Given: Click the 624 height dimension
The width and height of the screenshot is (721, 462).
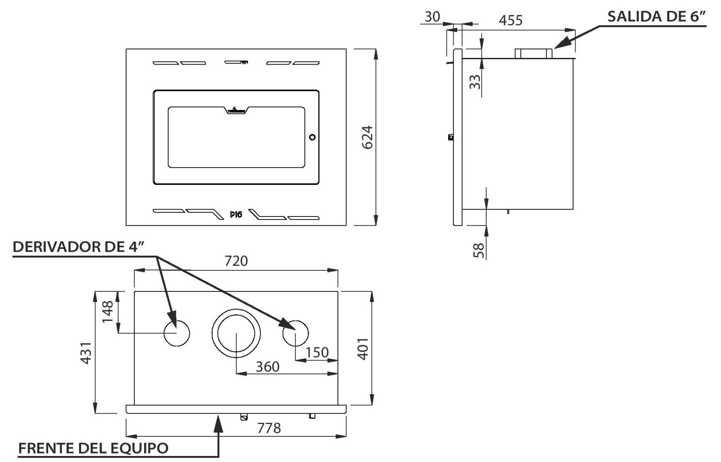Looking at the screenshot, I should click(x=367, y=137).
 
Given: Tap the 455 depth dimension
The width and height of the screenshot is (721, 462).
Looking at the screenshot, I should click(x=511, y=20).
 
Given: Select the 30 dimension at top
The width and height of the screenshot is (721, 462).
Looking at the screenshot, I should click(x=432, y=17).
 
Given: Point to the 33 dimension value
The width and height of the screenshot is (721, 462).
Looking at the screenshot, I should click(x=475, y=80).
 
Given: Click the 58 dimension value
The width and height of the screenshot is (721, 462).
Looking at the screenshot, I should click(x=479, y=250).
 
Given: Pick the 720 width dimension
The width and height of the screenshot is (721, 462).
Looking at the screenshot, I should click(x=236, y=261).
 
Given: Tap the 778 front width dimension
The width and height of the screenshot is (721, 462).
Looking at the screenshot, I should click(x=269, y=428).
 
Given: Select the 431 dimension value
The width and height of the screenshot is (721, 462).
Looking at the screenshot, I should click(x=86, y=352).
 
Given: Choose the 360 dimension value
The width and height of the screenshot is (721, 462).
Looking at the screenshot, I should click(x=267, y=367).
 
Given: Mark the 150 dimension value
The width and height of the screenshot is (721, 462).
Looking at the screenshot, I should click(x=317, y=352).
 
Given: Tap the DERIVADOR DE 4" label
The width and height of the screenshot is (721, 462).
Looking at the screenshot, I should click(x=77, y=247).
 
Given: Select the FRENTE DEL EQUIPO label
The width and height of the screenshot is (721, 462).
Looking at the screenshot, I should click(x=94, y=448).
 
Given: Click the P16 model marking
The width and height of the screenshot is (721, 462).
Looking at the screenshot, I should click(x=236, y=214).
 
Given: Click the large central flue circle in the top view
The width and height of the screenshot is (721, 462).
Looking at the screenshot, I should click(x=236, y=333).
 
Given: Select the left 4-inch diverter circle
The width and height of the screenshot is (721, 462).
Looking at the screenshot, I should click(x=177, y=333).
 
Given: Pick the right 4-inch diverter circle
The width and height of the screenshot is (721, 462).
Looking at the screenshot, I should click(x=295, y=333).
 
